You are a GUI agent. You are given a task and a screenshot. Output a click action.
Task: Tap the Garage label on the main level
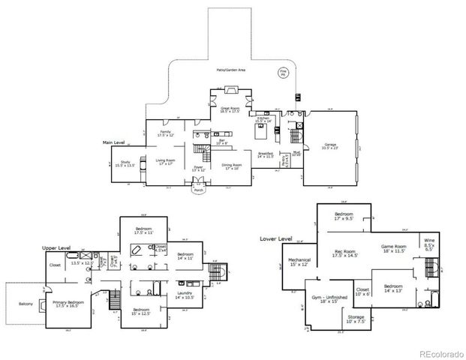[x=330, y=145]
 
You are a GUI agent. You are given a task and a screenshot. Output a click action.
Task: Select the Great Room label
[x=229, y=109]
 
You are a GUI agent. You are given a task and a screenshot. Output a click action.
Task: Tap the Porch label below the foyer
[x=199, y=190]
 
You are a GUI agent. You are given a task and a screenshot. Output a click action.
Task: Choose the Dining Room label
[x=232, y=166]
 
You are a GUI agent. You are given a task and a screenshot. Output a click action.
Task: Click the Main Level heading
[x=117, y=141]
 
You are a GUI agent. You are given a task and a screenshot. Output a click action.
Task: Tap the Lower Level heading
[x=275, y=238]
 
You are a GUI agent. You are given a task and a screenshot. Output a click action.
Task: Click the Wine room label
[x=429, y=243]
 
